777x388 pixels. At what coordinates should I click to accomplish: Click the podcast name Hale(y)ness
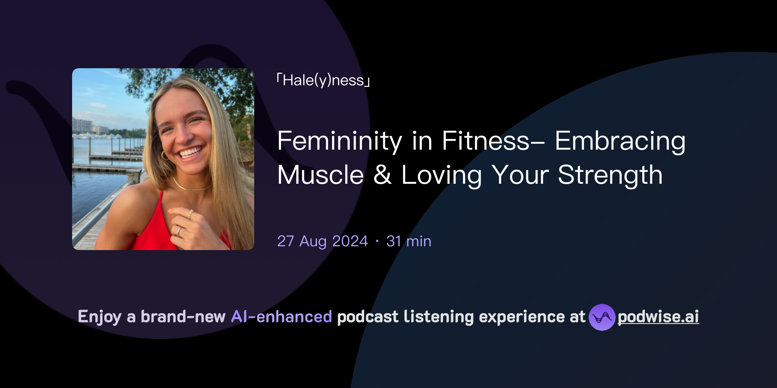tap(323, 80)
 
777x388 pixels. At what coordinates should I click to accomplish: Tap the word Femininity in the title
tap(339, 141)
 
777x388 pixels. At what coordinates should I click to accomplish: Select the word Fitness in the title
tap(486, 141)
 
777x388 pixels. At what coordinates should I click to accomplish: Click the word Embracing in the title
tap(620, 141)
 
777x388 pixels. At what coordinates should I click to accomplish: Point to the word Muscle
tap(321, 175)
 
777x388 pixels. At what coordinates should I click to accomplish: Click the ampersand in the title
tap(382, 175)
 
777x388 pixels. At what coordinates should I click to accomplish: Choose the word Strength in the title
tap(610, 175)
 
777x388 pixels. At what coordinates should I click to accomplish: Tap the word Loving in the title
tap(442, 175)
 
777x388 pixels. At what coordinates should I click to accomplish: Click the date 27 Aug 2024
tap(322, 241)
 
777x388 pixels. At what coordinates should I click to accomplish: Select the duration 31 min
tap(409, 241)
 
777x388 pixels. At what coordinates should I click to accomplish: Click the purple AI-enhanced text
tap(282, 317)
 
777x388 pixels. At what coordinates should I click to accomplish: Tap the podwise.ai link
tap(658, 317)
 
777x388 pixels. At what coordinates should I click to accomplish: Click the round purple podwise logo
tap(602, 317)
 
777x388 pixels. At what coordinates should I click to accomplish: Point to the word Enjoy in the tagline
tap(99, 317)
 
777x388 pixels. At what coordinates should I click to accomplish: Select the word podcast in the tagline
tap(368, 317)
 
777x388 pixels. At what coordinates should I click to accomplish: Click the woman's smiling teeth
tap(190, 152)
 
